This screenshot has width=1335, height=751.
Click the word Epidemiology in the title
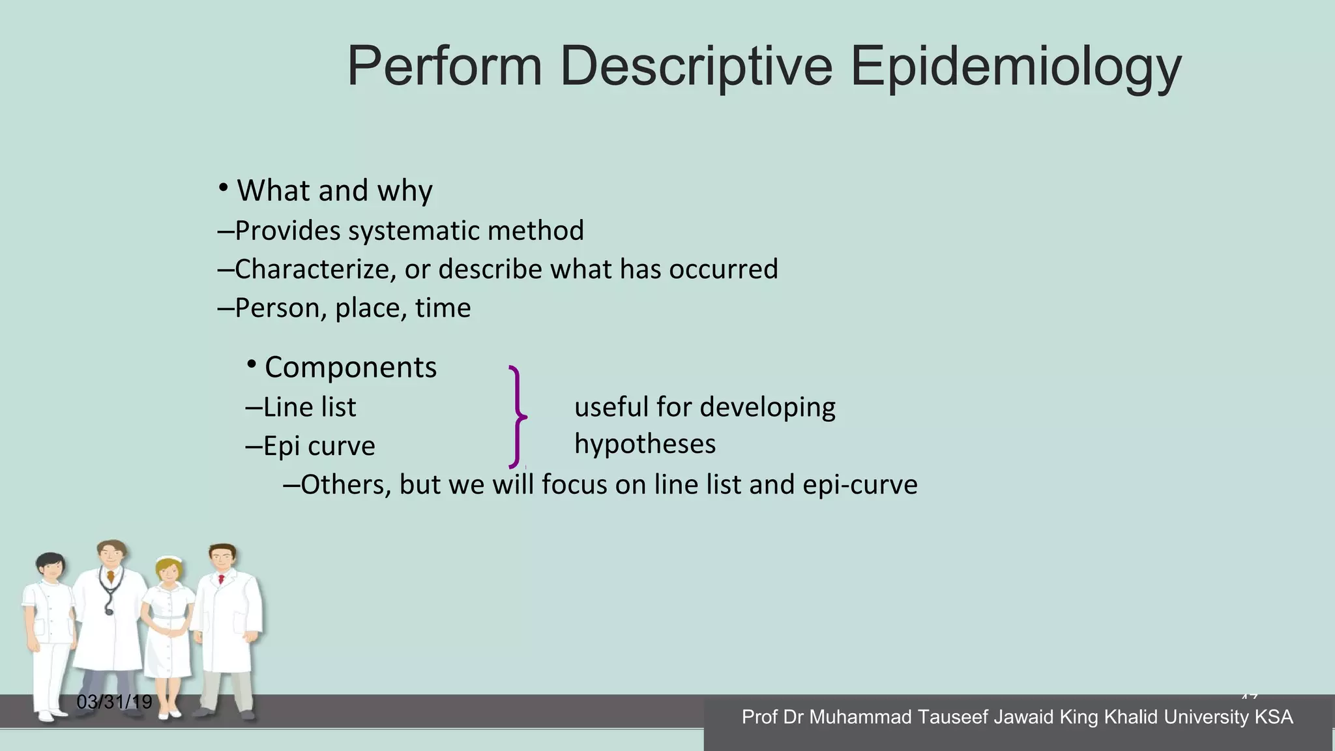[1015, 66]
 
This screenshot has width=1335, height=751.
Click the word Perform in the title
[445, 66]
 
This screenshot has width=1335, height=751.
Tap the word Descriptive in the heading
[696, 66]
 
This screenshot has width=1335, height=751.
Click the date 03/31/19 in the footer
[114, 702]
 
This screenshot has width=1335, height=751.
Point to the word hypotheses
[645, 445]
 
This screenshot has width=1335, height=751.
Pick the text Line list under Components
[310, 407]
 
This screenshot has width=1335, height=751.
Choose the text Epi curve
[319, 447]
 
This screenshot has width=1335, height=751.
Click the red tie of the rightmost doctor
[221, 579]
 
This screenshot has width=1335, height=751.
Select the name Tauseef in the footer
[954, 717]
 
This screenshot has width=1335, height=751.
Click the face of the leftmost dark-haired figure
[51, 568]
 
